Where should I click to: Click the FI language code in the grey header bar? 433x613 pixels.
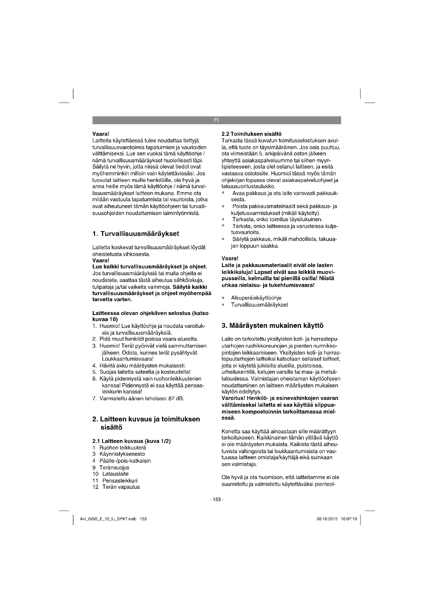pyautogui.click(x=216, y=120)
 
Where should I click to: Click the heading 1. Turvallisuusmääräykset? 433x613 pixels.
pyautogui.click(x=136, y=234)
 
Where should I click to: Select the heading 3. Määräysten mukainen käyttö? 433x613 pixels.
pyautogui.click(x=273, y=326)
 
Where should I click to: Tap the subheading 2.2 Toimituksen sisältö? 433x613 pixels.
pyautogui.click(x=251, y=134)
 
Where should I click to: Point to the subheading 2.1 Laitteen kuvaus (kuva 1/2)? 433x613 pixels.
pyautogui.click(x=131, y=441)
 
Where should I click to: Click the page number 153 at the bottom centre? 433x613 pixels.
pyautogui.click(x=216, y=500)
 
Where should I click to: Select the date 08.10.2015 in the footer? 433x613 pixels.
pyautogui.click(x=327, y=519)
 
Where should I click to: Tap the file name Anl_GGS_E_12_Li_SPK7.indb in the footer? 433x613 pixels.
pyautogui.click(x=108, y=519)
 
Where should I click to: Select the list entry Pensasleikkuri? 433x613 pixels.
pyautogui.click(x=120, y=481)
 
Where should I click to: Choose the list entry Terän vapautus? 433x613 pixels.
pyautogui.click(x=121, y=487)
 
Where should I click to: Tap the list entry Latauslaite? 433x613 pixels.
pyautogui.click(x=115, y=474)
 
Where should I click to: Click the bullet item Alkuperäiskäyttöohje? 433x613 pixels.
pyautogui.click(x=256, y=298)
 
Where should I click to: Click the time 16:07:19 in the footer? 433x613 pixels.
pyautogui.click(x=349, y=519)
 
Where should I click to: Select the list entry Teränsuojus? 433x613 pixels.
pyautogui.click(x=114, y=468)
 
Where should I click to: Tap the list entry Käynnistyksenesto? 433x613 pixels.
pyautogui.click(x=122, y=454)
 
